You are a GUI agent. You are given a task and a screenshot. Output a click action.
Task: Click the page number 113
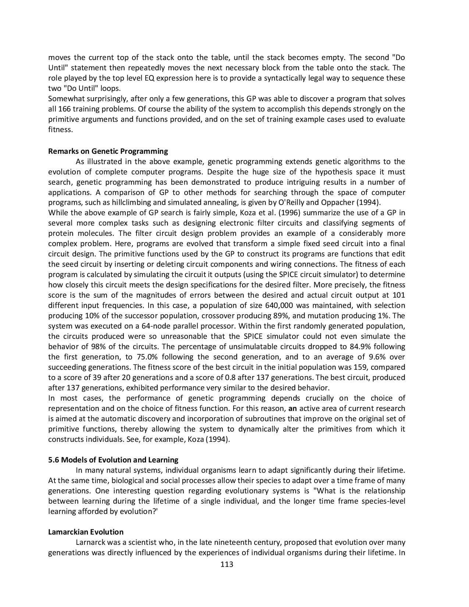click(227, 564)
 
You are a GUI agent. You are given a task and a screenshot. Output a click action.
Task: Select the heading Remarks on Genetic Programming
click(108, 151)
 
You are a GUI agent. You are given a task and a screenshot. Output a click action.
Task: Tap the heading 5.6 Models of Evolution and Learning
click(113, 460)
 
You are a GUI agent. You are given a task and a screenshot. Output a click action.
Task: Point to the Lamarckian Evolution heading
click(86, 532)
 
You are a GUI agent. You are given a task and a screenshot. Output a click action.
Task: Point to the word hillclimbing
click(138, 202)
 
